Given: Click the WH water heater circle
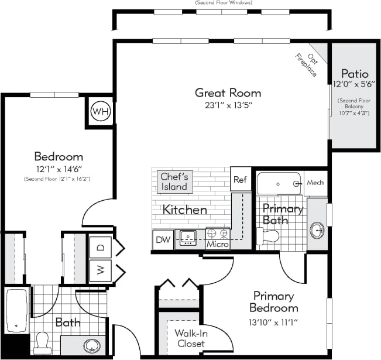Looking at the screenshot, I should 100,111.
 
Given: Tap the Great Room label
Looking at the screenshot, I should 228,92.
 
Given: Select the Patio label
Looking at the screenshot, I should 355,74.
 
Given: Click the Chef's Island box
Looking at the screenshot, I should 174,181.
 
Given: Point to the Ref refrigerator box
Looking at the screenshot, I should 240,180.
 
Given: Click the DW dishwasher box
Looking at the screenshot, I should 163,239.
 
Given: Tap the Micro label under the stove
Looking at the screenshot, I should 217,244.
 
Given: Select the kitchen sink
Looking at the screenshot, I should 188,237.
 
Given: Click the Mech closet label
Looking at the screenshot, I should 315,183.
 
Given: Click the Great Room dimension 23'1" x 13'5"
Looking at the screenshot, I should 228,105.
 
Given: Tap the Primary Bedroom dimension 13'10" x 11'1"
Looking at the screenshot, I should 273,321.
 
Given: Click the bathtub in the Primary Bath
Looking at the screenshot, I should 279,184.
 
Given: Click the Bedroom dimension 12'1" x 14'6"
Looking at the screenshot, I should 58,169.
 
